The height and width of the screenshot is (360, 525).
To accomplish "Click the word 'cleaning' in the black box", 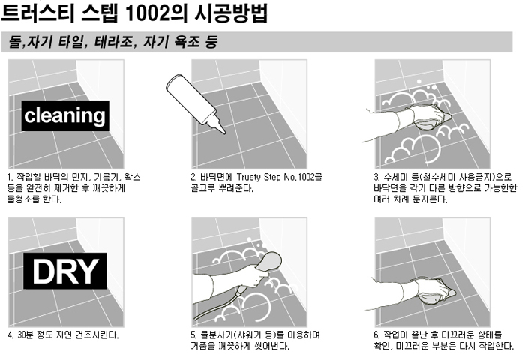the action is [x=65, y=115].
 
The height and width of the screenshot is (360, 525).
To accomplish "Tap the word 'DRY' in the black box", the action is [x=65, y=271].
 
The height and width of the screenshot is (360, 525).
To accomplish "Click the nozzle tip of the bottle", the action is [x=224, y=132].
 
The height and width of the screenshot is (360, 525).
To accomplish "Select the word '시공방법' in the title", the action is [x=231, y=13].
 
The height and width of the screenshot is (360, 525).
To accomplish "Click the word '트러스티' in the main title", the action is [x=37, y=13].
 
